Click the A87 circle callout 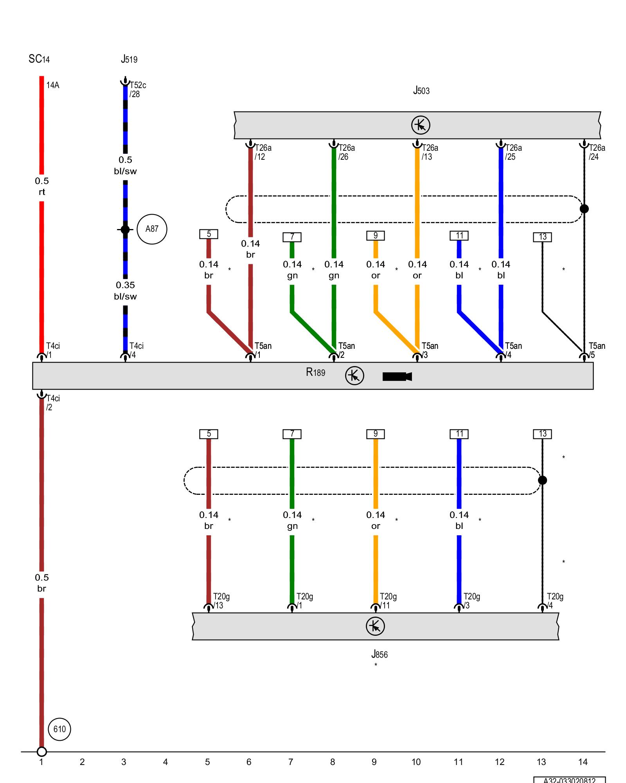pos(152,229)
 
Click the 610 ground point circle pos(59,729)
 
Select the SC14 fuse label pos(39,59)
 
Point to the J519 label pos(129,60)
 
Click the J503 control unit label pos(421,91)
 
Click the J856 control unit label pos(380,654)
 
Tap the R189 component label pos(315,372)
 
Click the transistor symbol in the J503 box pos(421,125)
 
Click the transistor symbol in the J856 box pos(375,626)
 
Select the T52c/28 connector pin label pos(137,90)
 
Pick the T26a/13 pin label pos(430,152)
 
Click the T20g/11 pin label pos(388,601)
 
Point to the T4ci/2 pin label pos(53,403)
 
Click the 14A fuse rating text pos(53,85)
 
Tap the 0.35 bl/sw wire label pos(125,291)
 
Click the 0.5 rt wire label pos(42,186)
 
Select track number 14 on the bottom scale pos(583,762)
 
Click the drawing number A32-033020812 pos(569,780)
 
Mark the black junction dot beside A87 pos(125,229)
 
